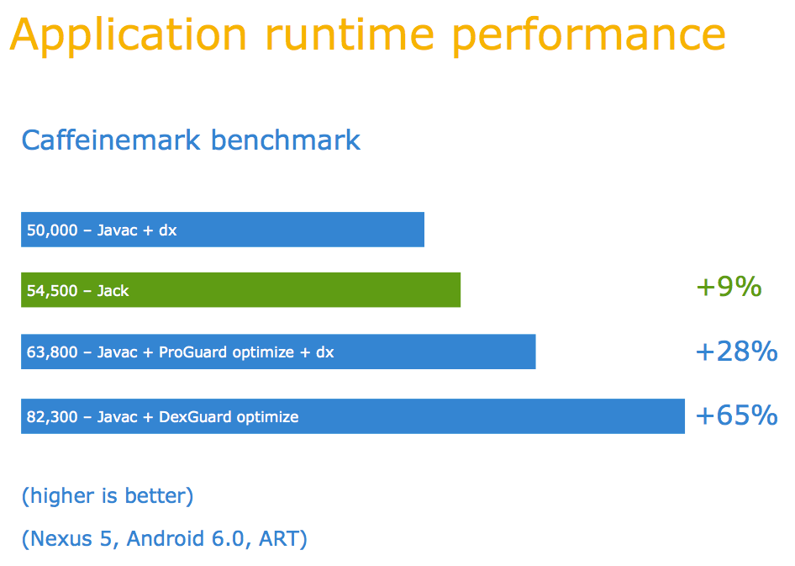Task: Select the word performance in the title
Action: pyautogui.click(x=588, y=36)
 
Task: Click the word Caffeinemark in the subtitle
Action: pyautogui.click(x=111, y=140)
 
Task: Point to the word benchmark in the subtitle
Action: pyautogui.click(x=286, y=140)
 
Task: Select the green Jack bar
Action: pyautogui.click(x=241, y=290)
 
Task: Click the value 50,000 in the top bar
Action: pyautogui.click(x=52, y=230)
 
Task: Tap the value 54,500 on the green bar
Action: pyautogui.click(x=52, y=291)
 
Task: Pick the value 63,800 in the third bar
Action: pyautogui.click(x=52, y=352)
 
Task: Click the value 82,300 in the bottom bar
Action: pyautogui.click(x=52, y=417)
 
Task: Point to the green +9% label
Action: pyautogui.click(x=729, y=287)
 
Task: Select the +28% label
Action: pyautogui.click(x=737, y=352)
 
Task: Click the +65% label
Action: pyautogui.click(x=737, y=415)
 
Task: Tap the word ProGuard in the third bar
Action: pyautogui.click(x=193, y=352)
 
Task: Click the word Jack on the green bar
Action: pyautogui.click(x=113, y=291)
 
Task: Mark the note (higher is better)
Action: pyautogui.click(x=108, y=496)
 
